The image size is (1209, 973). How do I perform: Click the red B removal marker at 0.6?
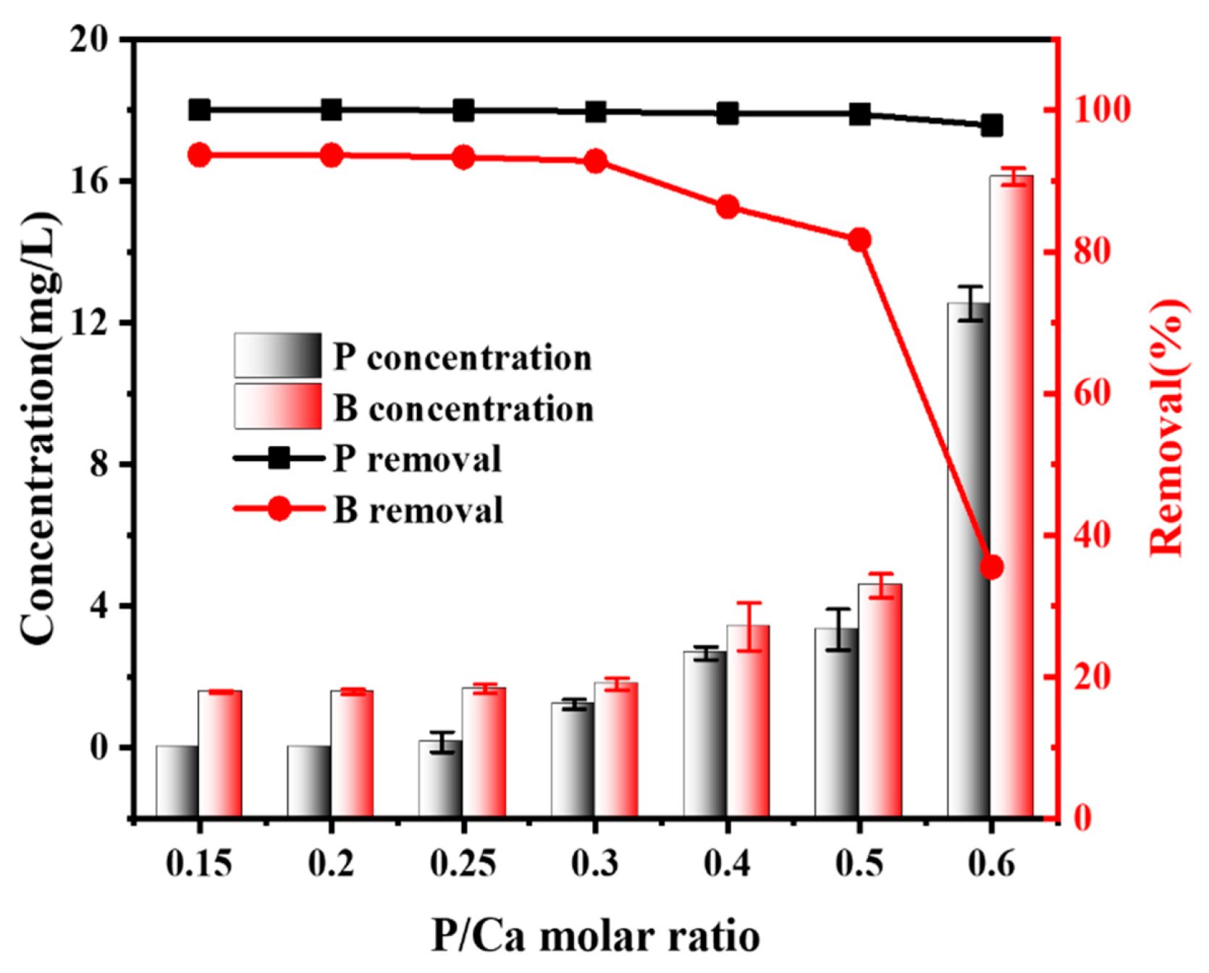click(991, 567)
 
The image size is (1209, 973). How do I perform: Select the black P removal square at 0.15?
click(199, 110)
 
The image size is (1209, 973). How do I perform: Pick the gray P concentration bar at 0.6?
click(969, 565)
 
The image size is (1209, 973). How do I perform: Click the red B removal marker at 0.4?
click(728, 208)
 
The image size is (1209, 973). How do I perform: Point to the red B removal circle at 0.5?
click(859, 240)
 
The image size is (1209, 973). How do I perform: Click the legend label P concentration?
click(462, 358)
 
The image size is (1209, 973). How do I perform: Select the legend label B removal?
click(418, 510)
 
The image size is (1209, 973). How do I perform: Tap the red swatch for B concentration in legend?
click(278, 406)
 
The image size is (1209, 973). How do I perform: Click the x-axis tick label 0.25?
click(463, 864)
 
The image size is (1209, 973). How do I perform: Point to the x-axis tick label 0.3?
click(594, 864)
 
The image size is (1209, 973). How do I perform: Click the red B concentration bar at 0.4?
click(749, 724)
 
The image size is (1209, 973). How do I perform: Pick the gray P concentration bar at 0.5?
click(836, 724)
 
